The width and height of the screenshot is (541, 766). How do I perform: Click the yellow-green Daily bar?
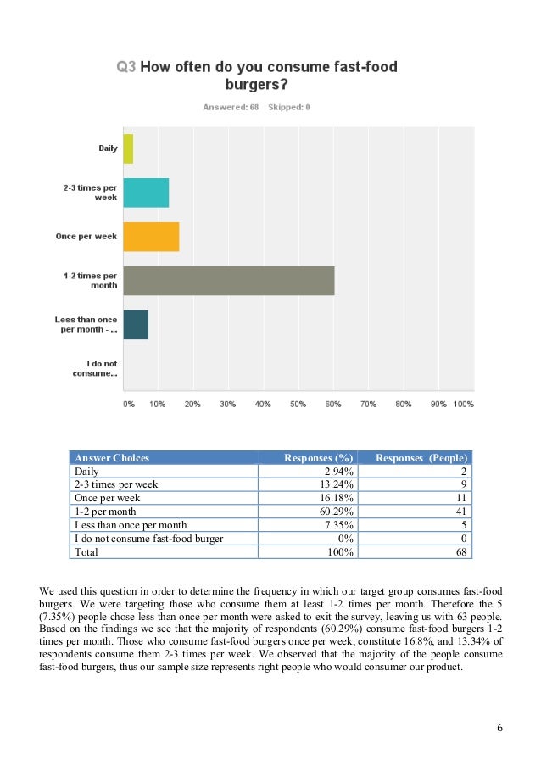tap(128, 148)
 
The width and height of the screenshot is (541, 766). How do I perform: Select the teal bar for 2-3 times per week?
tap(146, 193)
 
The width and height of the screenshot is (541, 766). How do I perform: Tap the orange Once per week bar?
tap(151, 237)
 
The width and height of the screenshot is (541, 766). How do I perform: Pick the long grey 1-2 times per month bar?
tap(229, 281)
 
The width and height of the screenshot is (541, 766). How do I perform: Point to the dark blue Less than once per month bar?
tap(136, 325)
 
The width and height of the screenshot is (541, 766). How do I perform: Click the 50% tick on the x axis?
tap(298, 405)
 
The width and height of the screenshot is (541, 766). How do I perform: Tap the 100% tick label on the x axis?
tap(463, 405)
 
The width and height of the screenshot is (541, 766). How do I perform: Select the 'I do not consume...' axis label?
tap(94, 368)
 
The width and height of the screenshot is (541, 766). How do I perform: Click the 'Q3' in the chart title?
tap(125, 67)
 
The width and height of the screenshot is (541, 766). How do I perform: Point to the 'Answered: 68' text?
tap(231, 108)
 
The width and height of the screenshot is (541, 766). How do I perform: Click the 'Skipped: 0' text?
tap(289, 108)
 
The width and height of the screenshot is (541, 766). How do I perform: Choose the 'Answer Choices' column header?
tap(112, 458)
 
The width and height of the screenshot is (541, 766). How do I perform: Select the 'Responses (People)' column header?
tap(421, 458)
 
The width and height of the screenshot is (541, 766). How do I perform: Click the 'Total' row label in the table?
tap(86, 552)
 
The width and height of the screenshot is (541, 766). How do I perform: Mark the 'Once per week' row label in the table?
tap(108, 498)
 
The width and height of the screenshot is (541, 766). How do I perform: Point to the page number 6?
tap(500, 728)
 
